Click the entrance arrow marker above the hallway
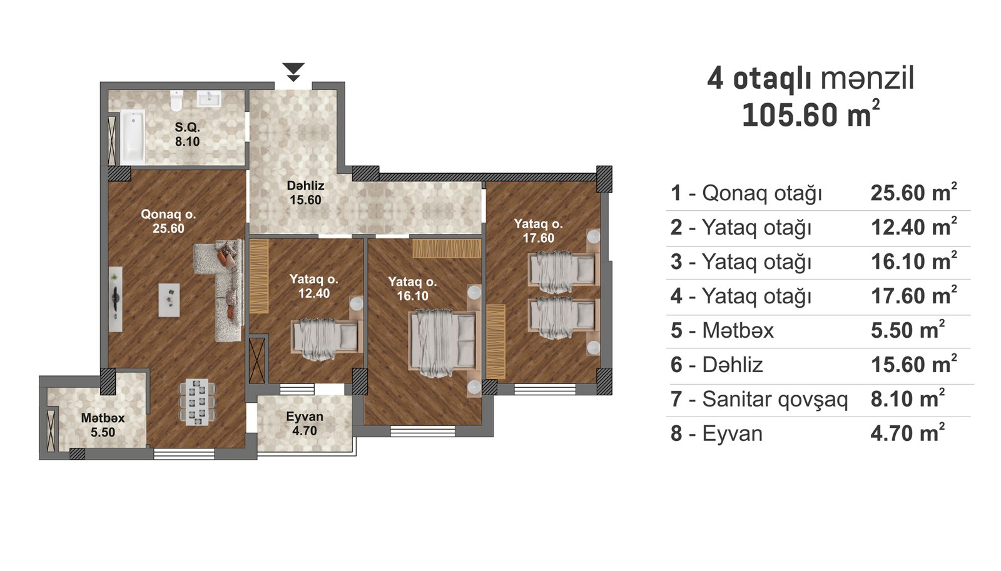coord(293,72)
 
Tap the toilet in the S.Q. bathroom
coord(176,101)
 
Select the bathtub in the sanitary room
coord(133,137)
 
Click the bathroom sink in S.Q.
coord(209,99)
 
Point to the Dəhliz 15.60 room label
coord(306,193)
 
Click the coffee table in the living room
coord(170,300)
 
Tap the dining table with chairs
coord(197,402)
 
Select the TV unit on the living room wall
coord(116,299)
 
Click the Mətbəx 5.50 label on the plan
coord(103,425)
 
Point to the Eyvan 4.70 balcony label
coord(304,423)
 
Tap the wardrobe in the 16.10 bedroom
coord(447,248)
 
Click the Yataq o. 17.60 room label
coord(539,231)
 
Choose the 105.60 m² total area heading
coord(811,114)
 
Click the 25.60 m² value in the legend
coord(914,193)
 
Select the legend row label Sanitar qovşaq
coord(775,399)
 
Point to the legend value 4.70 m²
coord(908,433)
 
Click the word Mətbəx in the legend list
coord(738,331)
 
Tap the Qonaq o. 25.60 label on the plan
coord(168,221)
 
